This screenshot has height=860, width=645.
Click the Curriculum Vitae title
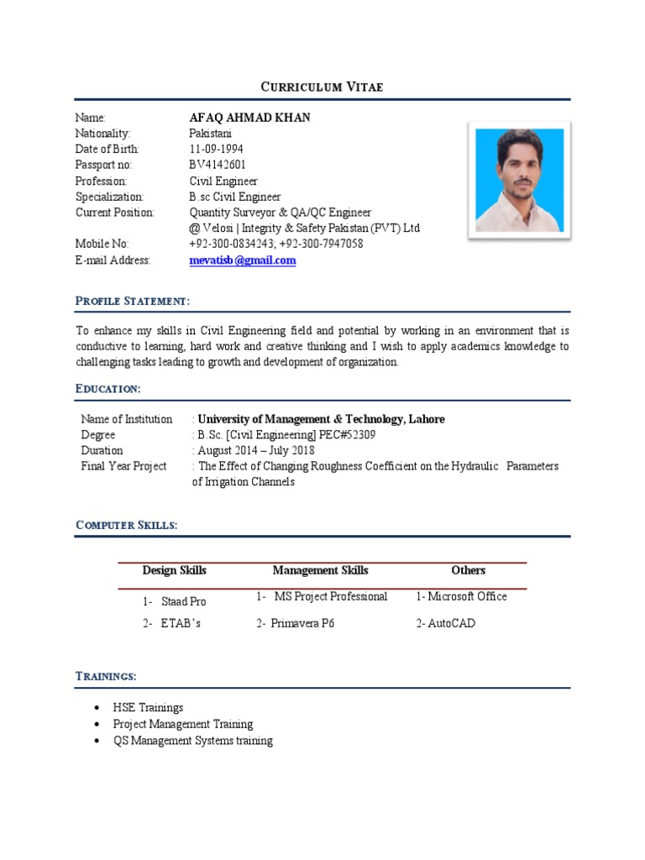pos(322,87)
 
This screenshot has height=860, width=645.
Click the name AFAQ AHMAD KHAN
pos(249,118)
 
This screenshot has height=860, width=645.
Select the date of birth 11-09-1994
pos(217,149)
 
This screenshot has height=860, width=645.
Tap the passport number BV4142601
pos(218,165)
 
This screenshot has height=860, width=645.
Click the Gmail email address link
pos(243,260)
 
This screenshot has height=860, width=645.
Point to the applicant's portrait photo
pos(519,180)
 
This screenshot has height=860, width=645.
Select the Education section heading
pos(107,389)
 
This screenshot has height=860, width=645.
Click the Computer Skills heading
pos(126,525)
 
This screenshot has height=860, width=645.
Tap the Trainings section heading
pos(106,676)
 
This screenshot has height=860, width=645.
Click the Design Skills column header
pos(174,570)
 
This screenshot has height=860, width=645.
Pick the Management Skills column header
pos(320,570)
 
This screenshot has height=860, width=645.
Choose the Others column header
pos(468,570)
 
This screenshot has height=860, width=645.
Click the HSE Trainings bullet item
pos(148,708)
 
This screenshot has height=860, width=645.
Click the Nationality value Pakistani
pos(211,134)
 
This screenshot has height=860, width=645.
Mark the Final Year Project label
pos(123,466)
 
